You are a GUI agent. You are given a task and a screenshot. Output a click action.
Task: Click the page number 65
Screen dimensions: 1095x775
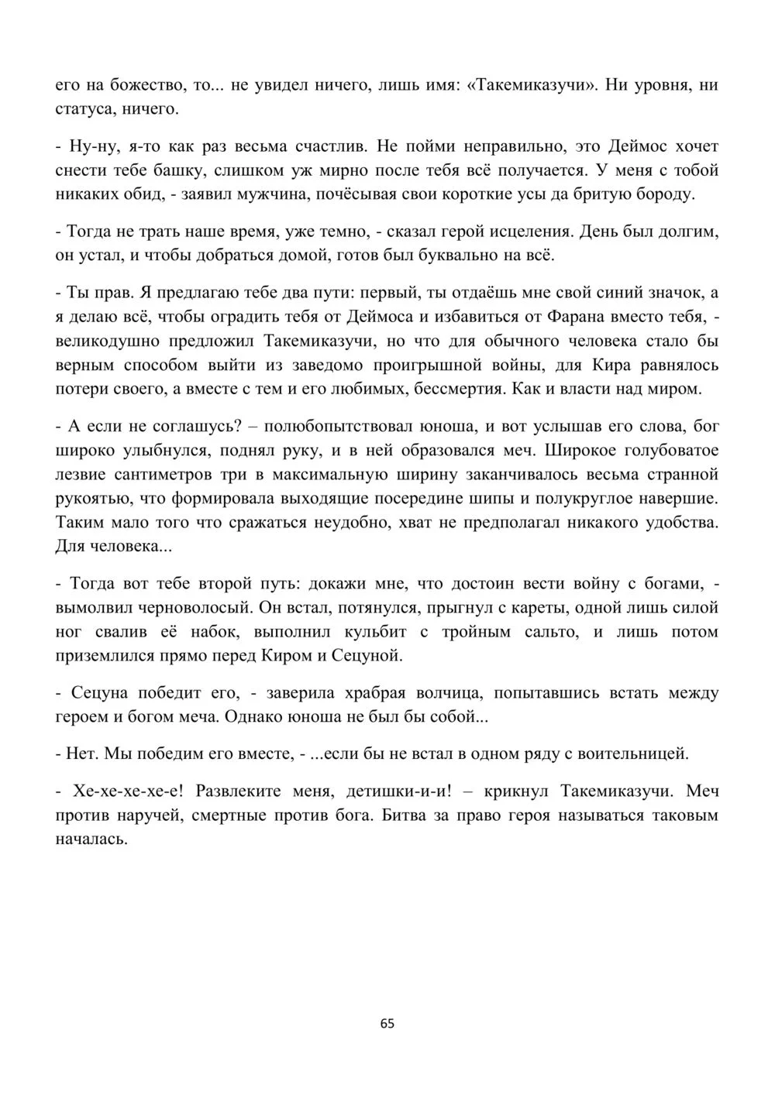387,1023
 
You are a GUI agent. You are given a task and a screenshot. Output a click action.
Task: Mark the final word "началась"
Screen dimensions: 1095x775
91,839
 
